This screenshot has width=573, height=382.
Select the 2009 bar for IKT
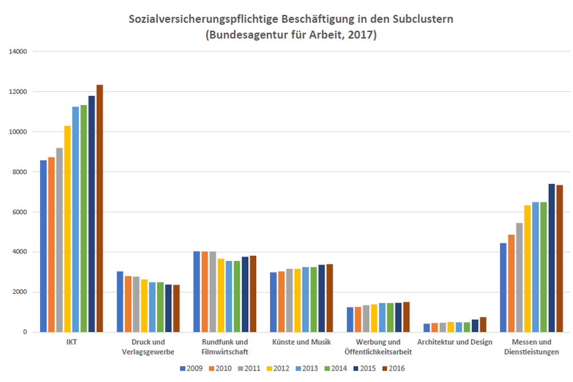(x=44, y=246)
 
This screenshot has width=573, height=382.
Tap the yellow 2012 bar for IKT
(x=68, y=229)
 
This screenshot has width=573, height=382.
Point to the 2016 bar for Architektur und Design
(x=483, y=325)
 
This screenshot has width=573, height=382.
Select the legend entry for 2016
(x=393, y=368)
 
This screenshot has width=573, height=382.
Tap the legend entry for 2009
(x=191, y=368)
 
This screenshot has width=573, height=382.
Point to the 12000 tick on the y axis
(x=19, y=92)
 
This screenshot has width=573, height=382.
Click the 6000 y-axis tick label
(x=21, y=212)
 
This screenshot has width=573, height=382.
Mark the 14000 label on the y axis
(x=19, y=52)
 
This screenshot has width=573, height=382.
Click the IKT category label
(x=72, y=342)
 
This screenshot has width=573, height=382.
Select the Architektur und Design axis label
(x=455, y=342)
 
